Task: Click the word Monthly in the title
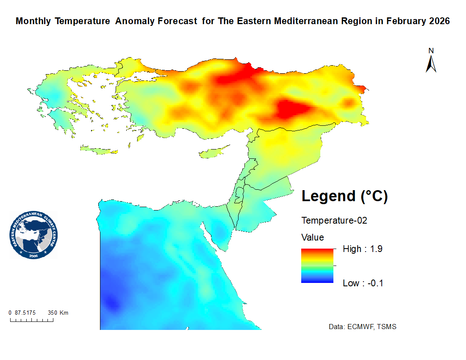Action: [x=33, y=21]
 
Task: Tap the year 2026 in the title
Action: [x=438, y=21]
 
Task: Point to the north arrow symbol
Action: [x=431, y=64]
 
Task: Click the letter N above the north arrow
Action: [x=431, y=50]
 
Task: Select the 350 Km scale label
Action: [x=58, y=313]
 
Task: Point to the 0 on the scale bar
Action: [x=10, y=313]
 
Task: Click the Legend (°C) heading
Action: [x=344, y=196]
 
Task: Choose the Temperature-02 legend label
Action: [x=334, y=221]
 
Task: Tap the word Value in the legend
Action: [x=313, y=237]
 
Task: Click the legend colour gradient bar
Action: [x=317, y=266]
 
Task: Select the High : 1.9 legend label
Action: [x=363, y=249]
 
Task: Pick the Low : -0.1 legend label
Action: [x=363, y=283]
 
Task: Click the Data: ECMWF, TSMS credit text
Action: [x=363, y=327]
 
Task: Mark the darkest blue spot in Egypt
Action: [x=111, y=303]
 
